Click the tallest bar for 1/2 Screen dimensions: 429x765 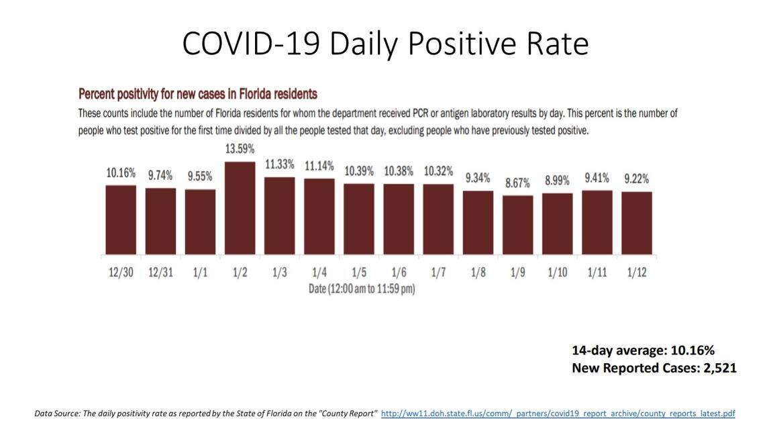coord(240,208)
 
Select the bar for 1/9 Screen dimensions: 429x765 coord(517,225)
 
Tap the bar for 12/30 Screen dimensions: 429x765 coord(121,220)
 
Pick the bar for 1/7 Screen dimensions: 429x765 coord(438,220)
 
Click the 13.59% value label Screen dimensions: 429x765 coord(240,148)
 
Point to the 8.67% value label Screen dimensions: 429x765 coord(517,183)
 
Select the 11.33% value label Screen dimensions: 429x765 coord(279,164)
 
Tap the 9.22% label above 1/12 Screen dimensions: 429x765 coord(636,179)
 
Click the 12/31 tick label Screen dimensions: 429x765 coord(160,274)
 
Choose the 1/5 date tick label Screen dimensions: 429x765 coord(359,274)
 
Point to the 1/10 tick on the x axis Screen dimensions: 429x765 coord(557,274)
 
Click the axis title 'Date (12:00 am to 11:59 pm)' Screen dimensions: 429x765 coord(362,289)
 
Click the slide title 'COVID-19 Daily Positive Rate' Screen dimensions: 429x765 coord(385,44)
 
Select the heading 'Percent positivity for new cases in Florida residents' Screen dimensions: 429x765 coord(198,94)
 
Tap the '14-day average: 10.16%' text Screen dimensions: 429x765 coord(643,350)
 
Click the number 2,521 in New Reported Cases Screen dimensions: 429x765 coord(719,368)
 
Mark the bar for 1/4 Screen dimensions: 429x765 coord(319,216)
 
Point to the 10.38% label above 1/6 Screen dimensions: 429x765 coord(399,172)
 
